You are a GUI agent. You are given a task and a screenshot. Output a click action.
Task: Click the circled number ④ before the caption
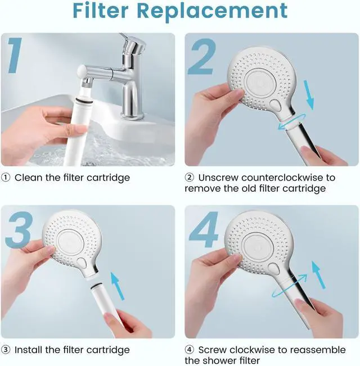point(190,350)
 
